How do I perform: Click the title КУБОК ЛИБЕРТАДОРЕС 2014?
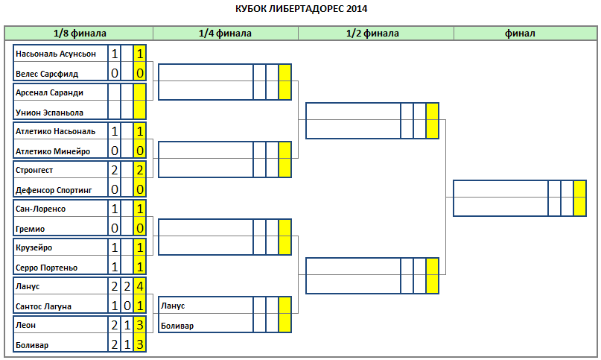pos(302,9)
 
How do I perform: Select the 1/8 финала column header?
pos(80,34)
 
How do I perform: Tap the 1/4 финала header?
pos(225,34)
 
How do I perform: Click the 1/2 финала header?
pos(372,34)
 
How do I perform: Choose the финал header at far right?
pos(520,34)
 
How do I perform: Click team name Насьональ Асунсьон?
pos(56,54)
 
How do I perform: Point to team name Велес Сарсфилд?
pos(47,74)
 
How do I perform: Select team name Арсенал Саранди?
pos(49,93)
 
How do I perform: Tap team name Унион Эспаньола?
pos(49,113)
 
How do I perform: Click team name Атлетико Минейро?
pos(53,151)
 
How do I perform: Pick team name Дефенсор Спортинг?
pos(54,190)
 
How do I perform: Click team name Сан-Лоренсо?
pos(40,209)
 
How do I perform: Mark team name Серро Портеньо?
pos(46,268)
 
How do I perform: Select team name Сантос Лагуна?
pos(43,306)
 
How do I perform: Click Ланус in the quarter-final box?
pos(173,306)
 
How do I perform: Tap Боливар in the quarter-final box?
pos(177,326)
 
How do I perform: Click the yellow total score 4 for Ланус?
pos(139,286)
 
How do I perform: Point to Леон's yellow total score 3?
pos(139,325)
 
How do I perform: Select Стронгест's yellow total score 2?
pos(139,170)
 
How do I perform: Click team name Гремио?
pos(30,229)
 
